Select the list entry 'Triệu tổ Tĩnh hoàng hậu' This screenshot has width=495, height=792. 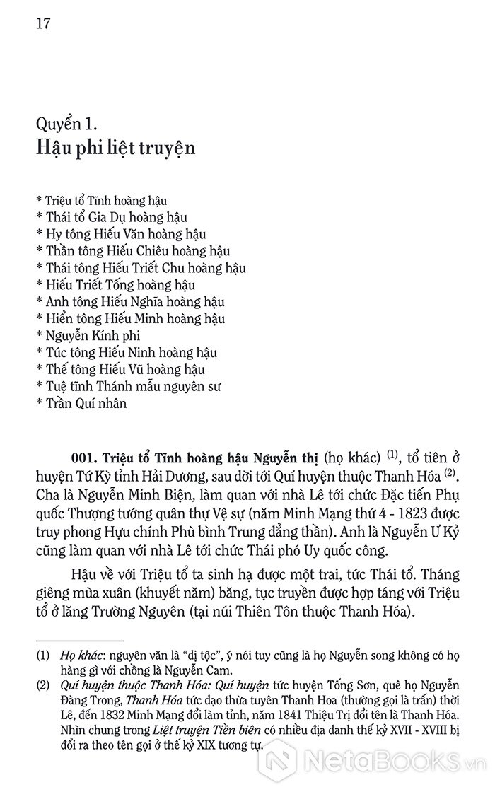[x=100, y=201]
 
